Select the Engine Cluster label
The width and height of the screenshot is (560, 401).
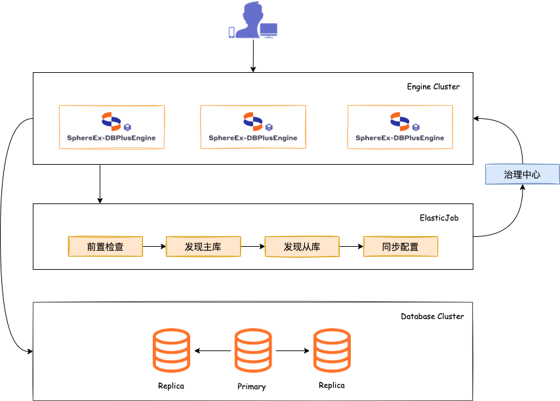coord(433,87)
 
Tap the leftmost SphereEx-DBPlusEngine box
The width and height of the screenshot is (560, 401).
coord(111,127)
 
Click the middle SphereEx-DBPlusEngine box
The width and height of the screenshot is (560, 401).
coord(252,127)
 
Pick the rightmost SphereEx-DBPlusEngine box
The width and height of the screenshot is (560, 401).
coord(400,127)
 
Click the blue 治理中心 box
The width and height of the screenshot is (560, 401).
coord(522,175)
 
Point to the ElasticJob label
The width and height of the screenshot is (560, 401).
coord(439,218)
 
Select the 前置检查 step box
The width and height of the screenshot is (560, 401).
coord(106,247)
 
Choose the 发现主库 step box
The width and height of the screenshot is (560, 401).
coord(203,247)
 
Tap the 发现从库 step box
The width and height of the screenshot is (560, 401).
coord(302,247)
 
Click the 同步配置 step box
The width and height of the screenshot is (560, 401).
coord(400,247)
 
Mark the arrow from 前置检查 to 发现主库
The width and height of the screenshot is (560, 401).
coord(154,247)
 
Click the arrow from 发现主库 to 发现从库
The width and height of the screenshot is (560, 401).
coord(252,247)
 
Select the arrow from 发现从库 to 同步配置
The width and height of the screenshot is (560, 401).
coord(351,247)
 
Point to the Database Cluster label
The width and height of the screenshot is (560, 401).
coord(432,316)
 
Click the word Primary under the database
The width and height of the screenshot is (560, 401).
coord(252,387)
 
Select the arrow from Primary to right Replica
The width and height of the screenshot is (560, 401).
coord(292,351)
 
